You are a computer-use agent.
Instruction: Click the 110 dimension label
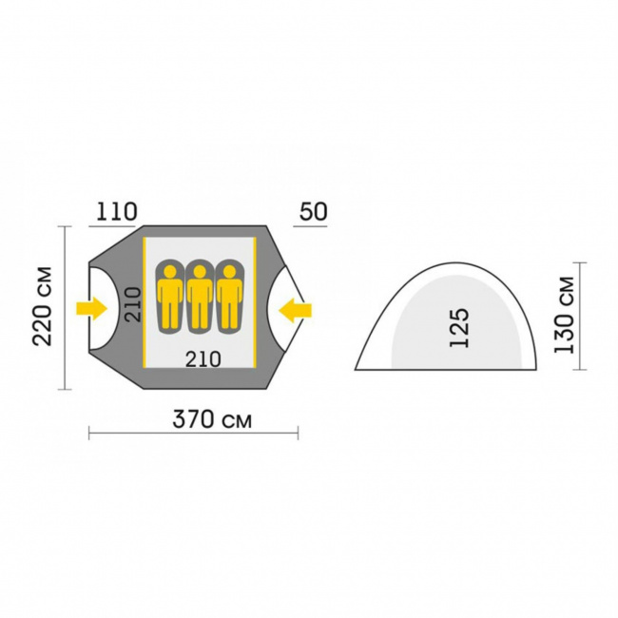[117, 212]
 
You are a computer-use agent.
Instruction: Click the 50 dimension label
[314, 212]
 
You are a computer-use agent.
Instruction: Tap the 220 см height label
[43, 307]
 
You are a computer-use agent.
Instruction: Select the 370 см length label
[212, 419]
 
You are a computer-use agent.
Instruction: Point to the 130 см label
[564, 315]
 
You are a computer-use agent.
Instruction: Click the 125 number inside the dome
[460, 327]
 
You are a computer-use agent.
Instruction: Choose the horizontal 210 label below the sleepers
[203, 359]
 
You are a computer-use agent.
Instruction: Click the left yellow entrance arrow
[92, 309]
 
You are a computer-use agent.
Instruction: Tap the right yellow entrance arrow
[295, 310]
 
